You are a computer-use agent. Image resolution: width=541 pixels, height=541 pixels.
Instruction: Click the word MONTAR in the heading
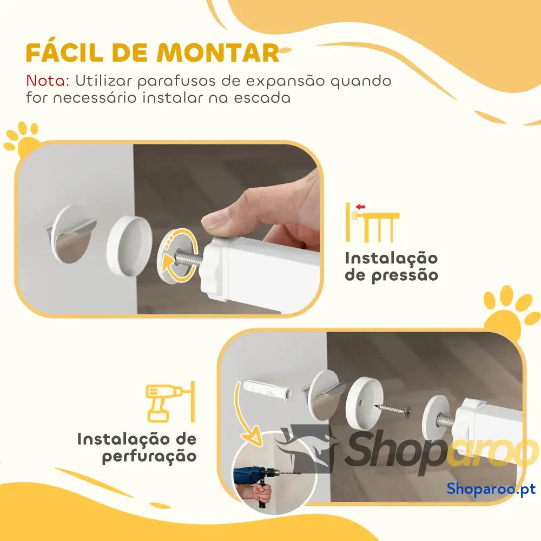(x=217, y=53)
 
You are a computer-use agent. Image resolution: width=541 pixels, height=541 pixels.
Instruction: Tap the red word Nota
(x=48, y=81)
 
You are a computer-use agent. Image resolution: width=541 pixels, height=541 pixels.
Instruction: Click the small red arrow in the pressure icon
(x=360, y=207)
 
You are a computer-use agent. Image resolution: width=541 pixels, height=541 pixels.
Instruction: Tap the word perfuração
(x=149, y=456)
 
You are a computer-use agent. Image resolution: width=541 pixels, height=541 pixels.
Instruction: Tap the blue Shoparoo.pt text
(x=491, y=489)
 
